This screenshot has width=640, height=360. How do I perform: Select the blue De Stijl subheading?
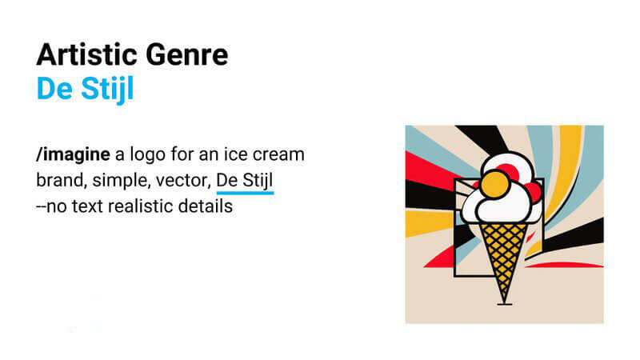coord(85,89)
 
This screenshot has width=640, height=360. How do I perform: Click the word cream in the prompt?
coord(281,154)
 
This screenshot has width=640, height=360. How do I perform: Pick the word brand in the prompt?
coord(58,180)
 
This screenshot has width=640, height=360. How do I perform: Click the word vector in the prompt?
coord(183,180)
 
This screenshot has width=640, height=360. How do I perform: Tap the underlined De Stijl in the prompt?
coord(245,180)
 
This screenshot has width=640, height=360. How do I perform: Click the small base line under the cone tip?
coord(503,304)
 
